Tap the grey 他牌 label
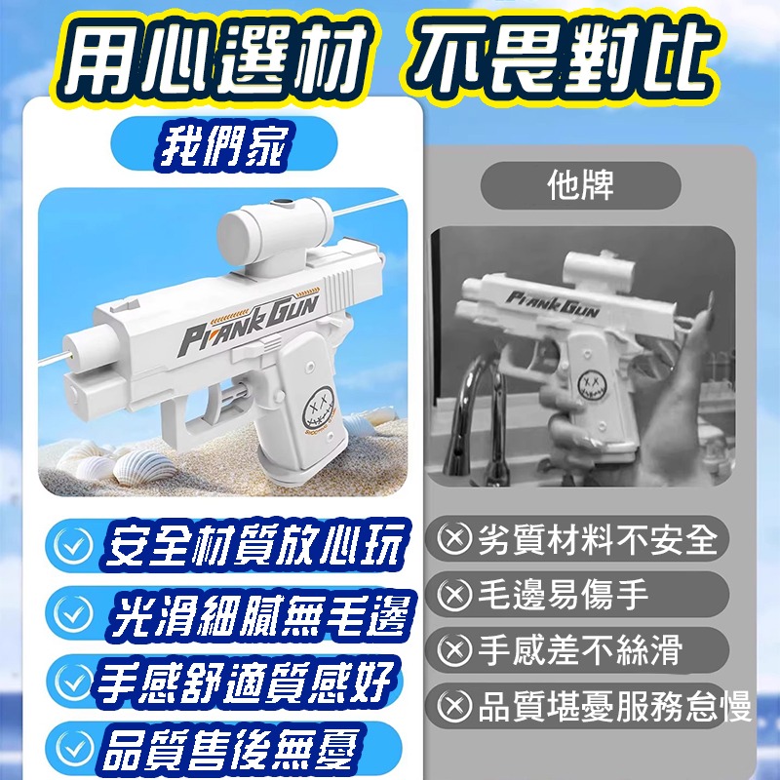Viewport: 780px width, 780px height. pyautogui.click(x=581, y=185)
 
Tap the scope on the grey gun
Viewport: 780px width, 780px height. pyautogui.click(x=595, y=264)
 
